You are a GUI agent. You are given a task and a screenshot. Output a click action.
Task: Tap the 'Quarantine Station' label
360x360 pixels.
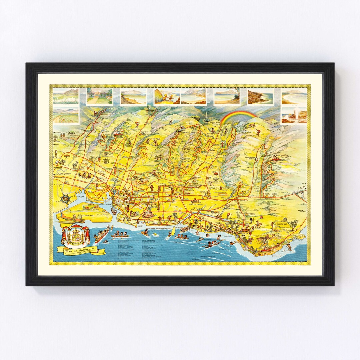point(94,209)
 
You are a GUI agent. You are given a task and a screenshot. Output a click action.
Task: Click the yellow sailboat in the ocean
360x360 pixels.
point(173,231)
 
